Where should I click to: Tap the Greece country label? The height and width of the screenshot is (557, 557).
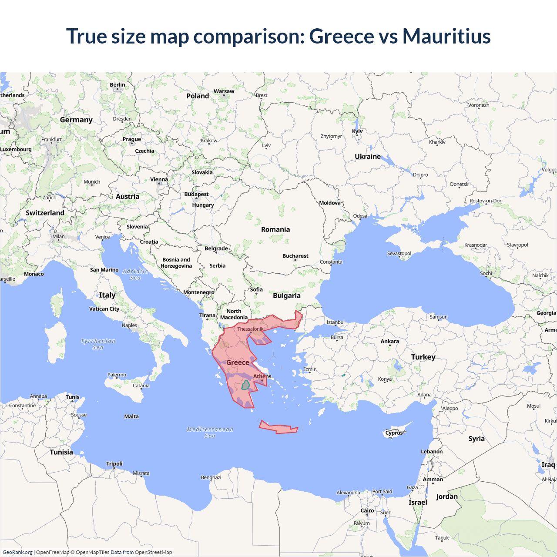[x=238, y=362]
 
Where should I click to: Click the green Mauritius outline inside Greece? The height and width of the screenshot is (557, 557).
[x=245, y=385]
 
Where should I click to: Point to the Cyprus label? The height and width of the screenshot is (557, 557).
[x=394, y=433]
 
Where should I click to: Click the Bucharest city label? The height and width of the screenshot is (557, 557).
[x=295, y=256]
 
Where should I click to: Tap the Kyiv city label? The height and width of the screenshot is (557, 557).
[x=357, y=131]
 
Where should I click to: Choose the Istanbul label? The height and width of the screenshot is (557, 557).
[x=336, y=322]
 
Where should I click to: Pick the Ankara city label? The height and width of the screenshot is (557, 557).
[x=389, y=342]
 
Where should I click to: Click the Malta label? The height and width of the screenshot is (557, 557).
[x=131, y=416]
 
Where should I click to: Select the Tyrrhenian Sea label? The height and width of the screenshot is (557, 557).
[x=98, y=344]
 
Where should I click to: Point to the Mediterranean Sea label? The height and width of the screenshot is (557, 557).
[x=210, y=432]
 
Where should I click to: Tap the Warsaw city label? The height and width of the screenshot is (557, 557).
[x=224, y=91]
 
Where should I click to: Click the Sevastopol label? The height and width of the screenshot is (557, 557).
[x=399, y=253]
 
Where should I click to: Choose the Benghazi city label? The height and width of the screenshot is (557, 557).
[x=211, y=477]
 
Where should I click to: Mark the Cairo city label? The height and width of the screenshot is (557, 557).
[x=367, y=511]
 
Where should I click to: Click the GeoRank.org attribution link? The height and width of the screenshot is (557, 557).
[x=17, y=552]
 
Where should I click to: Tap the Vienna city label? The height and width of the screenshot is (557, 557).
[x=159, y=179]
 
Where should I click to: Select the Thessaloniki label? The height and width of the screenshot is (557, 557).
[x=251, y=329]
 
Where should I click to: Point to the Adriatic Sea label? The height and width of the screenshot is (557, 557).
[x=135, y=275]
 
